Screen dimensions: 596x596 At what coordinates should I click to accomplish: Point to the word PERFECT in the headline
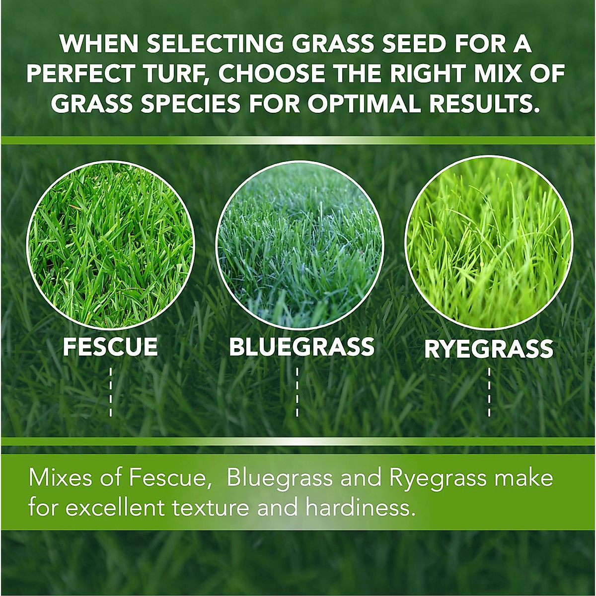(x=79, y=74)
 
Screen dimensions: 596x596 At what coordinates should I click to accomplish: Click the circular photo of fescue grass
(x=110, y=244)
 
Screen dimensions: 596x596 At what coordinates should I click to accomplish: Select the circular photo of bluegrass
(x=299, y=244)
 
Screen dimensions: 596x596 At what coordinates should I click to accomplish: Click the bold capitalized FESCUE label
(x=110, y=347)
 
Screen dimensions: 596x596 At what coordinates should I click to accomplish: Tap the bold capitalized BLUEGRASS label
(x=301, y=347)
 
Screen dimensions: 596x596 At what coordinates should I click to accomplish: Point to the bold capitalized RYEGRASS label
(x=489, y=349)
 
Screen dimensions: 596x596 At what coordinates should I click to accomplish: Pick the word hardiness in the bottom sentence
(x=360, y=508)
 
